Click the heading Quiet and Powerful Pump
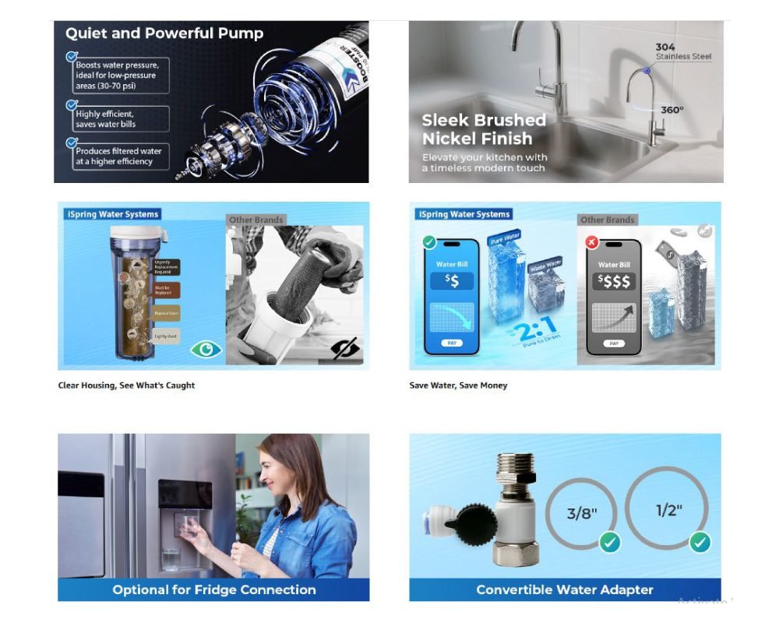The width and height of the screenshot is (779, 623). pos(164,33)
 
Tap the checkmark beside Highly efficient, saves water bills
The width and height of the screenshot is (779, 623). pos(72,105)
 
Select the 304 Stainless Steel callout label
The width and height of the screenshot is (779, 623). pos(682,52)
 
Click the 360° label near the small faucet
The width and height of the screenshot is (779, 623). pos(671,110)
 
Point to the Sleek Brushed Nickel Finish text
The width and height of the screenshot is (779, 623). pos(484,129)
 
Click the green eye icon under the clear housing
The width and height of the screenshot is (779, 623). pos(206,350)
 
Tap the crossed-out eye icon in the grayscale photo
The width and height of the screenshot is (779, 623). pos(346,350)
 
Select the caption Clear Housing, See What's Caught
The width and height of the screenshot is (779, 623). pos(126,385)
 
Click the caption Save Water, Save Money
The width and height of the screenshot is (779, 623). pos(458,385)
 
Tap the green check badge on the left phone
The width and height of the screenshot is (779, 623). pos(429,242)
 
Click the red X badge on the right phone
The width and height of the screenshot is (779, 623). pos(591,242)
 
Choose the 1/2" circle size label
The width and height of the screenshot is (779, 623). pos(668,510)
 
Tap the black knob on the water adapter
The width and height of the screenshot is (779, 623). pos(472,517)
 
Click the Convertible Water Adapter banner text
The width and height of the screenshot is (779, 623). pos(565,590)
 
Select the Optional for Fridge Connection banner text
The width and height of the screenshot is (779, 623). pos(213,590)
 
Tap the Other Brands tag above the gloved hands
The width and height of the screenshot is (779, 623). pos(256,220)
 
